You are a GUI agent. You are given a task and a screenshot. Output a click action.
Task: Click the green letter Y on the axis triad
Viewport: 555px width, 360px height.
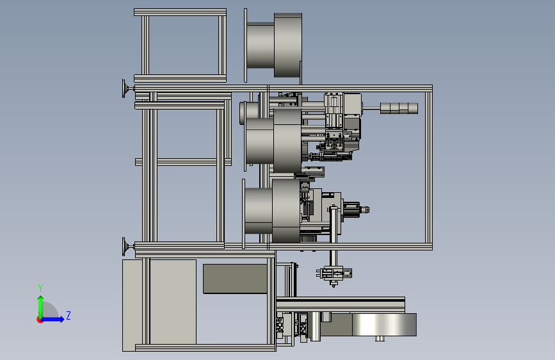click(x=40, y=288)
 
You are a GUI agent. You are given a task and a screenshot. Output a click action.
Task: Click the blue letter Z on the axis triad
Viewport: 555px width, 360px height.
click(x=68, y=315)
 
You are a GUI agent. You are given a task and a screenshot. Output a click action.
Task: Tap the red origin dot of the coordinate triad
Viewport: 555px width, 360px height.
click(x=40, y=320)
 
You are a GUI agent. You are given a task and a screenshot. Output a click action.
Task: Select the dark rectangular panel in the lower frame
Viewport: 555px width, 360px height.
click(x=235, y=279)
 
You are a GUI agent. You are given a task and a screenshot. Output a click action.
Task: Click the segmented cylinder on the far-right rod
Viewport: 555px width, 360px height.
click(x=399, y=108)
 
